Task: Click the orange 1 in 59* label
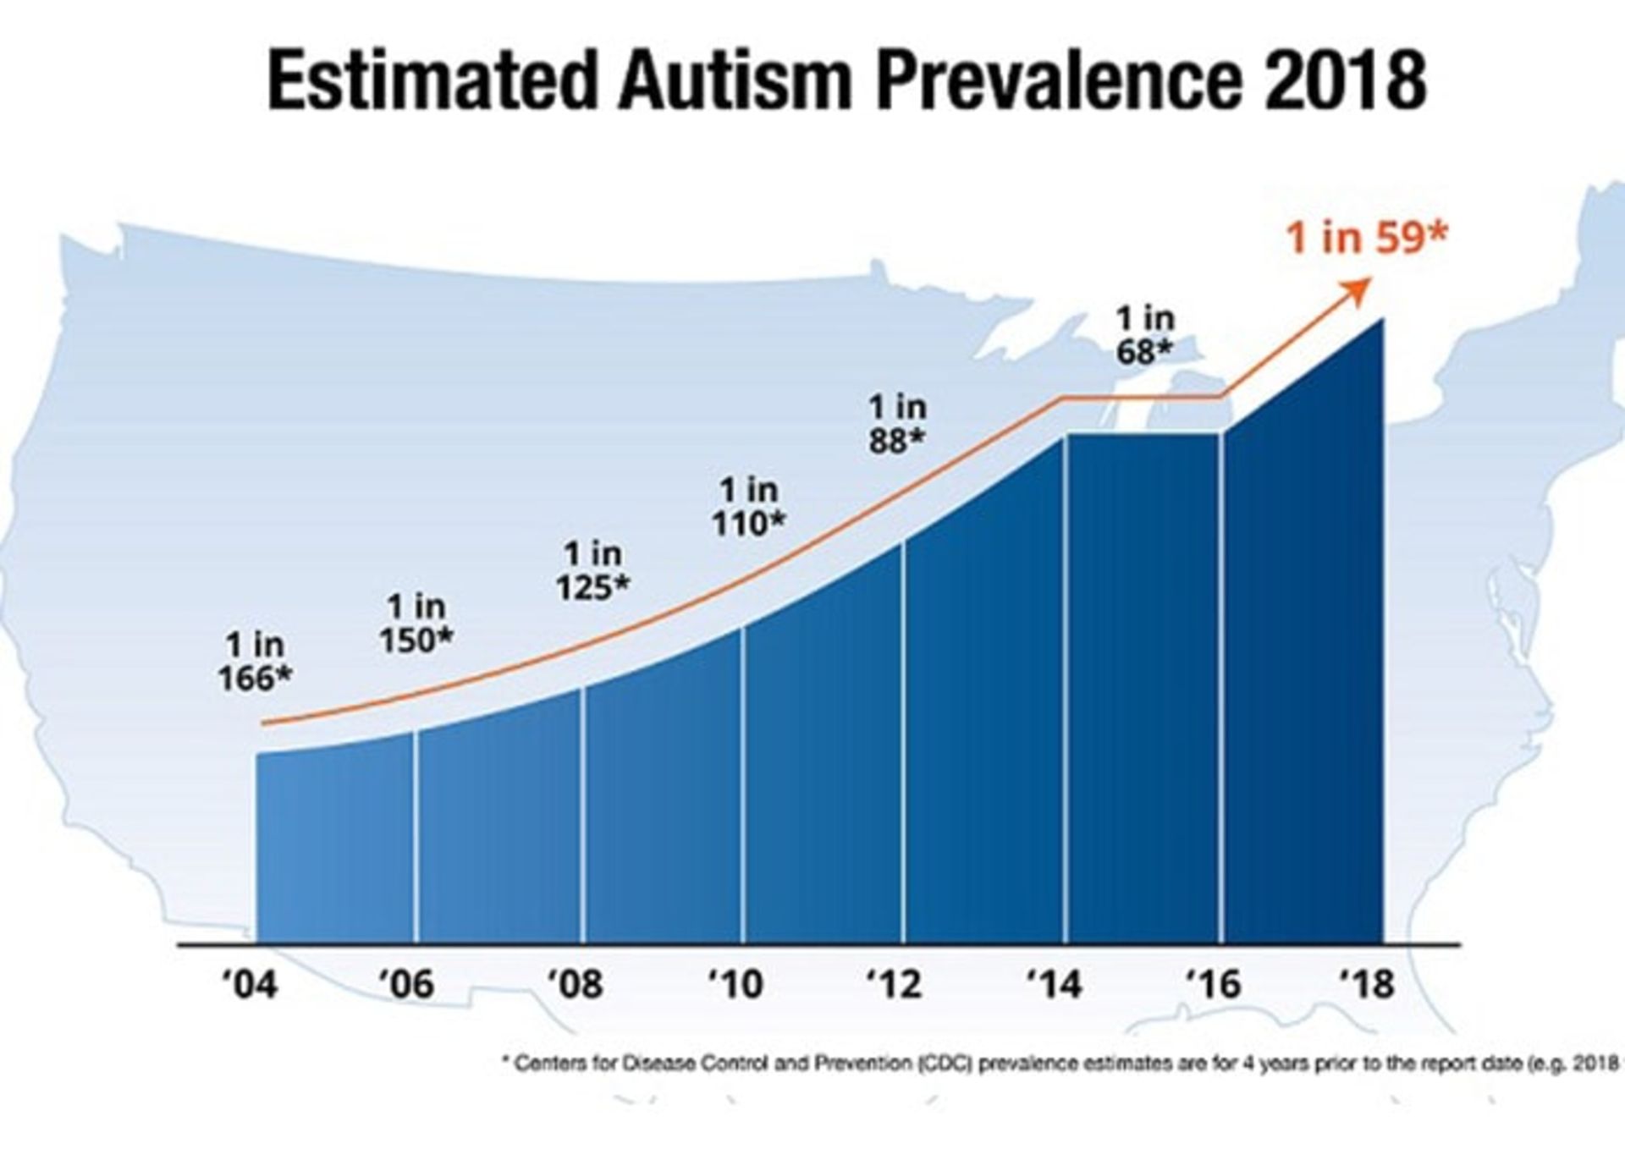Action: point(1368,238)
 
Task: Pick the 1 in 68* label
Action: point(1145,335)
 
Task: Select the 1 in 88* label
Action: point(898,424)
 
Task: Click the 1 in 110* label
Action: point(748,507)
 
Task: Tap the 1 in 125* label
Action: point(592,570)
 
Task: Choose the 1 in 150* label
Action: point(416,624)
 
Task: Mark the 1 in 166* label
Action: point(255,662)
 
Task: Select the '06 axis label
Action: point(406,984)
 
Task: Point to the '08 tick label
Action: point(575,984)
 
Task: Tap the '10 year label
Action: point(735,984)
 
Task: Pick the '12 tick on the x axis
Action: point(895,984)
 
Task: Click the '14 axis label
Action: point(1054,984)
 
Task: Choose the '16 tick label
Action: point(1213,984)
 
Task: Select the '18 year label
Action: point(1366,984)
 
